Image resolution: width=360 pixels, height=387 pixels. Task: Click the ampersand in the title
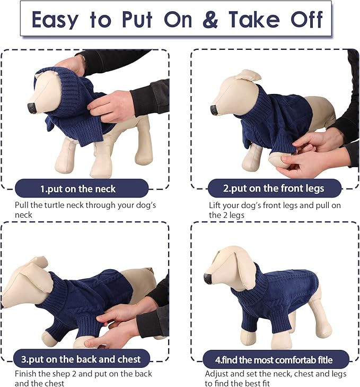pos(210,20)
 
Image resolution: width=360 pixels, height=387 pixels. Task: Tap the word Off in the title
pos(306,20)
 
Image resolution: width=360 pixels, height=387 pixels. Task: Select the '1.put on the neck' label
pos(78,188)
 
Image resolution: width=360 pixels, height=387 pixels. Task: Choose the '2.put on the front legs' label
pos(273,188)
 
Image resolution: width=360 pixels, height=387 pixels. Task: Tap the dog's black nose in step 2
pos(214,110)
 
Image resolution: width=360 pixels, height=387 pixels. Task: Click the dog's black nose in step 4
pos(208,278)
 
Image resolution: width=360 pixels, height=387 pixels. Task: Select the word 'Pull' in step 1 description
pos(22,205)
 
